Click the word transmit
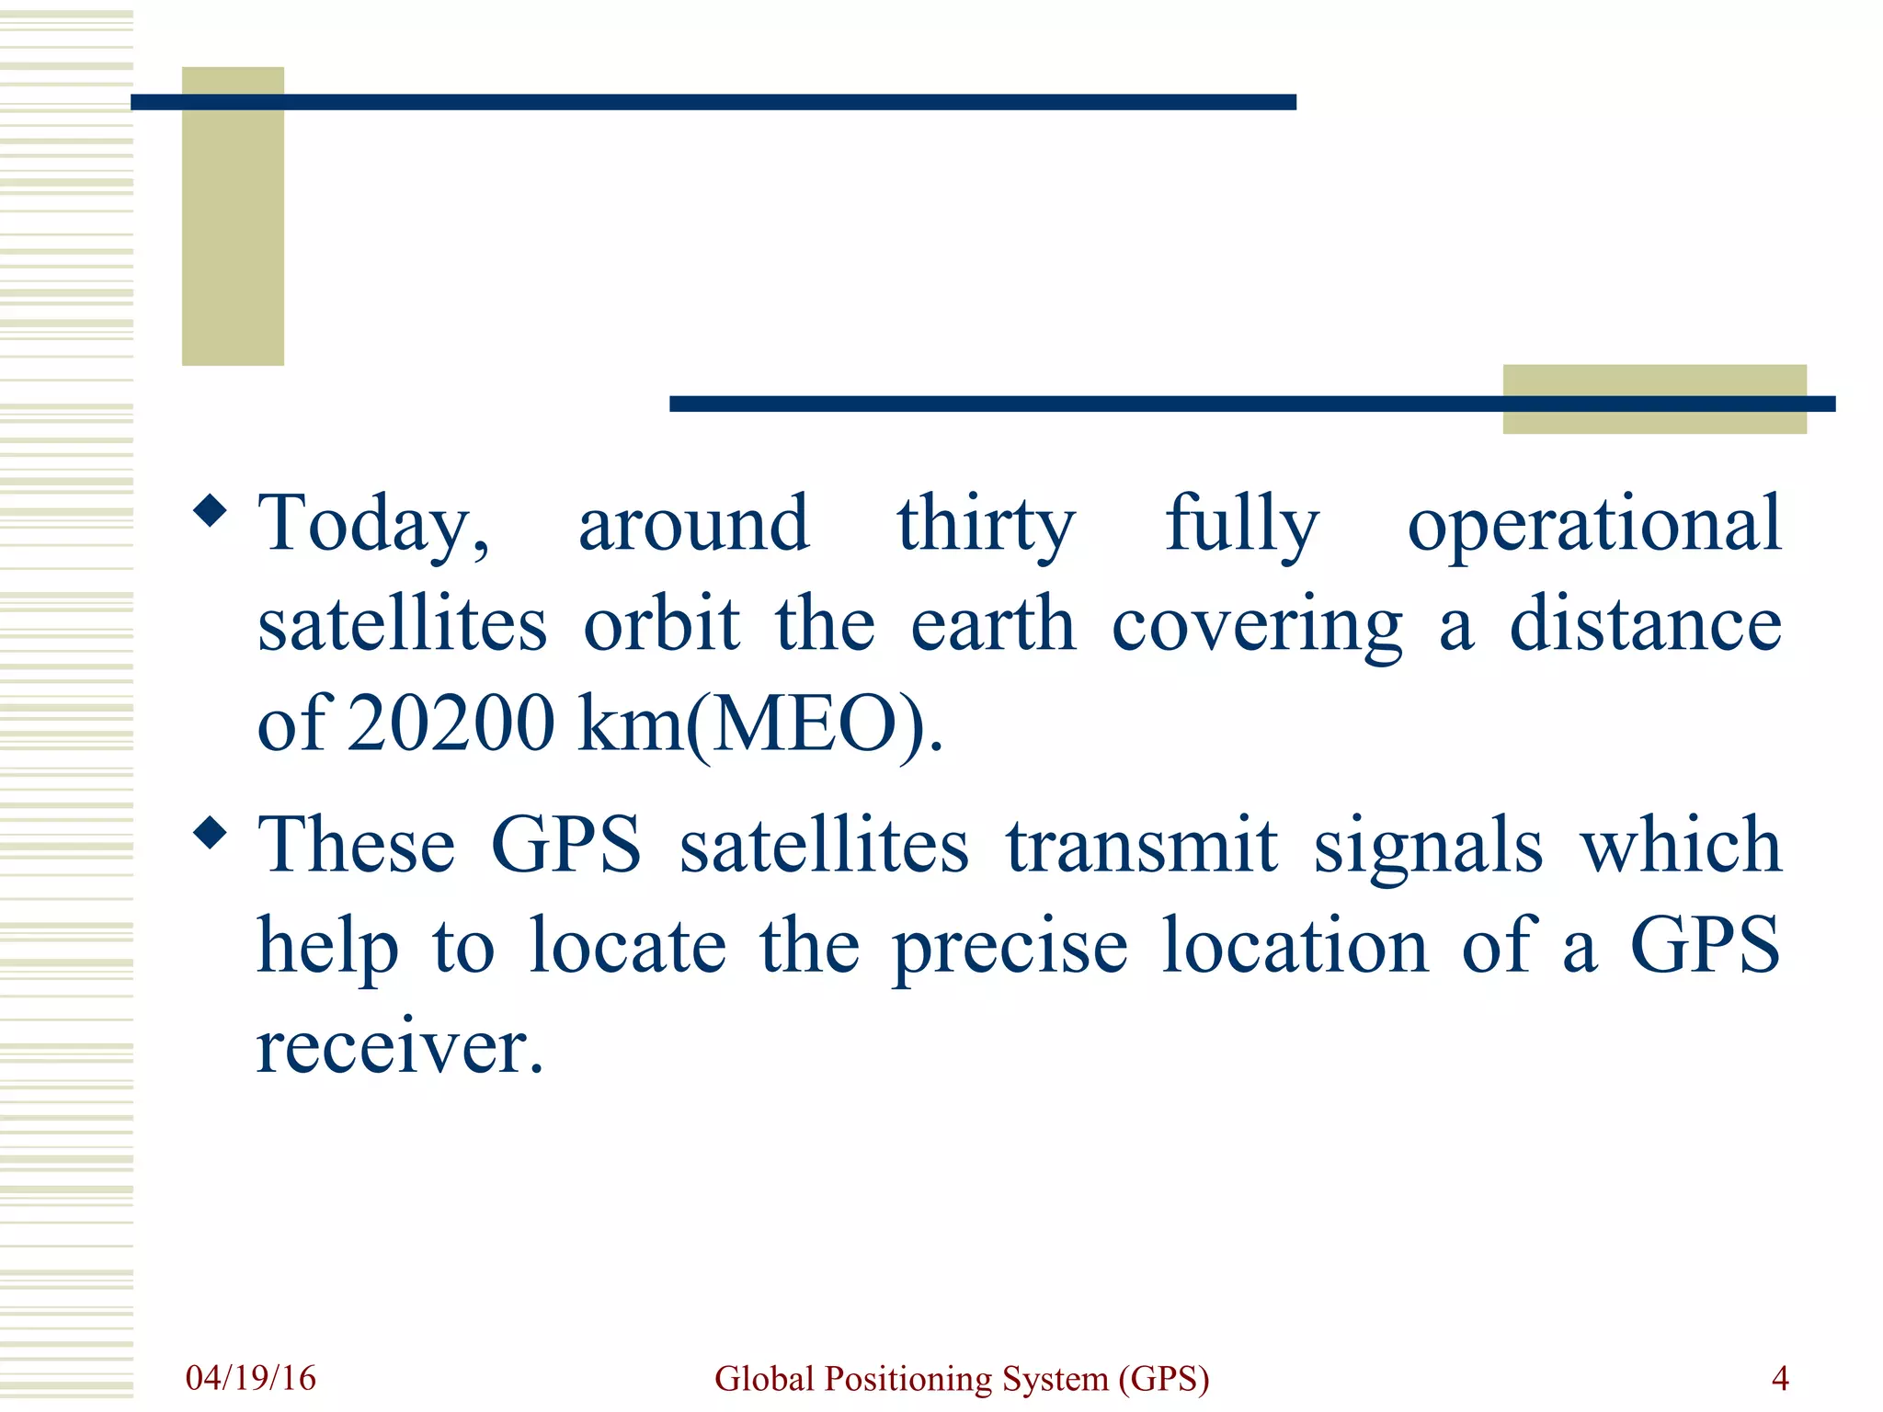click(1141, 846)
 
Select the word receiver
click(399, 1048)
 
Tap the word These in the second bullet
click(356, 846)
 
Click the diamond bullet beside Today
click(211, 511)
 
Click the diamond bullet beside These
click(211, 833)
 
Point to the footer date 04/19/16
click(250, 1378)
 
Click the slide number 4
click(1780, 1378)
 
